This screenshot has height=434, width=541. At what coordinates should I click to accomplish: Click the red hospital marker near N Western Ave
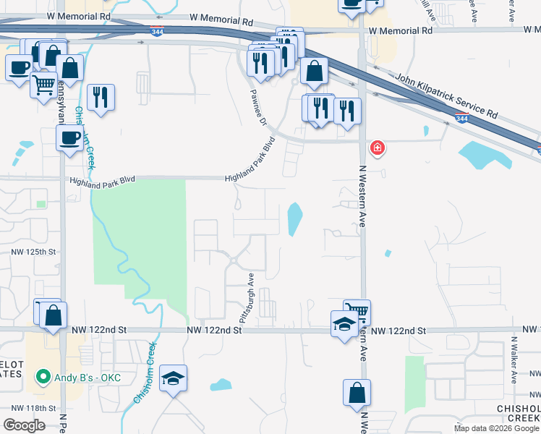pyautogui.click(x=377, y=149)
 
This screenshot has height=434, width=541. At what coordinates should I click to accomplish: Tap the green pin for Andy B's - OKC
pyautogui.click(x=43, y=377)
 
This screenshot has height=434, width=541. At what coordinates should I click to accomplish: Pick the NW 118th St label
pyautogui.click(x=30, y=408)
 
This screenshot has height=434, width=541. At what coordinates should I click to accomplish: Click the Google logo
pyautogui.click(x=24, y=425)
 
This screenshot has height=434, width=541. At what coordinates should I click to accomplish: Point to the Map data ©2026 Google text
pyautogui.click(x=496, y=428)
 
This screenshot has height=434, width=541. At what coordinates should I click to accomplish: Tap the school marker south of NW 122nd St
pyautogui.click(x=173, y=378)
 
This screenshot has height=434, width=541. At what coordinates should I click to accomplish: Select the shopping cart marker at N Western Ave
pyautogui.click(x=357, y=311)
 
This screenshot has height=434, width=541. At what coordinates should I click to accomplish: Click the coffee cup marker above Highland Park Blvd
pyautogui.click(x=70, y=137)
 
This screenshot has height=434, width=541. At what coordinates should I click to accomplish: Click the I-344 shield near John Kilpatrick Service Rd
pyautogui.click(x=461, y=119)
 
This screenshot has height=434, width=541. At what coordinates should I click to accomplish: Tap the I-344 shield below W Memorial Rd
pyautogui.click(x=156, y=31)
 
